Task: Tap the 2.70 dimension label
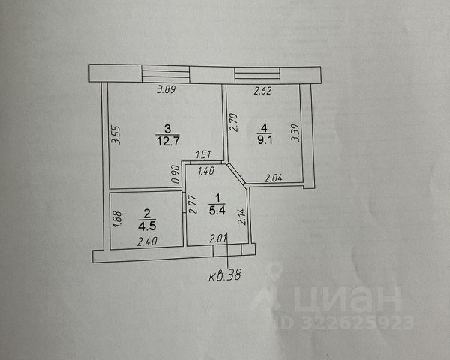[x=233, y=121]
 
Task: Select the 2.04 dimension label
[x=273, y=178]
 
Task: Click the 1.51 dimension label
[x=202, y=156]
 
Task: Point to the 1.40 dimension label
[x=205, y=172]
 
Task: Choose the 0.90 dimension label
[x=175, y=174]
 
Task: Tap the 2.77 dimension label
[x=193, y=204]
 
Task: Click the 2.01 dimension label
[x=217, y=239]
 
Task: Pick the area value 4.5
[x=147, y=223]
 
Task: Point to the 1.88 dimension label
[x=116, y=219]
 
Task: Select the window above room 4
[x=256, y=74]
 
